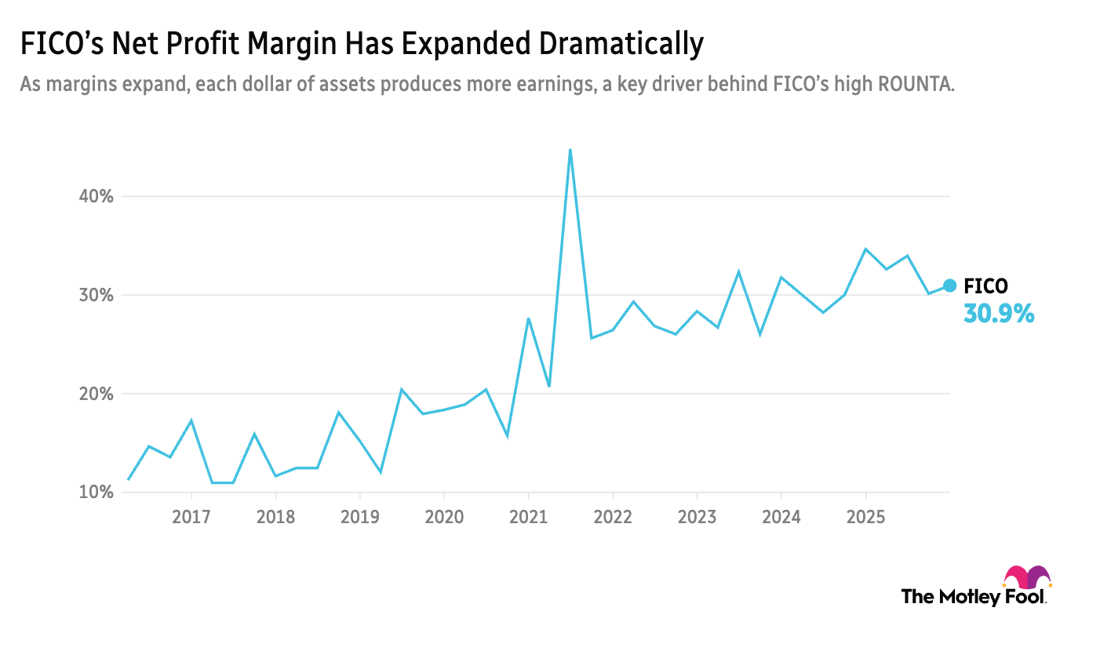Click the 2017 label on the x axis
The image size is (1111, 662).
pyautogui.click(x=191, y=517)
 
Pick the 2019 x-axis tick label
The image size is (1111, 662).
pyautogui.click(x=360, y=517)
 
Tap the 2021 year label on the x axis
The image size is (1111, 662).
pyautogui.click(x=529, y=517)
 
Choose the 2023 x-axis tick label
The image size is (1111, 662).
pyautogui.click(x=697, y=517)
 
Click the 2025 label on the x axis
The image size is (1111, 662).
pyautogui.click(x=865, y=517)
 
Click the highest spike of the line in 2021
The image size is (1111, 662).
pyautogui.click(x=570, y=150)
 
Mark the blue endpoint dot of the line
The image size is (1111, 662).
pyautogui.click(x=949, y=286)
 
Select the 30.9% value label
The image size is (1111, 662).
pyautogui.click(x=999, y=315)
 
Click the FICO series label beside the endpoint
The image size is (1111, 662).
pyautogui.click(x=985, y=286)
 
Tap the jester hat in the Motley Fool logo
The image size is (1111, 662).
pyautogui.click(x=1027, y=577)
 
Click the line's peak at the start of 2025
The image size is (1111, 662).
pyautogui.click(x=865, y=249)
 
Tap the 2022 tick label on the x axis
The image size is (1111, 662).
pyautogui.click(x=613, y=517)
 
